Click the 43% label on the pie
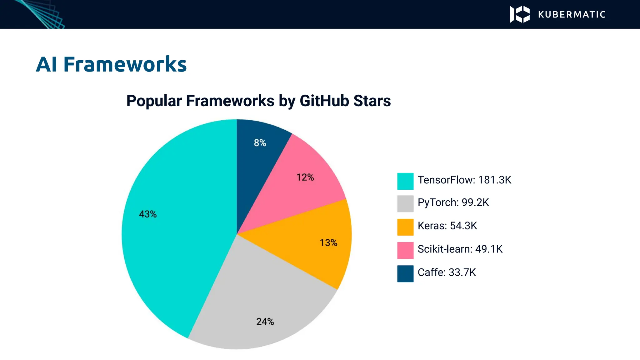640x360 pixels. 148,214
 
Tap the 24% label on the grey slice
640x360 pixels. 265,322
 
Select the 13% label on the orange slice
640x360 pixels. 328,243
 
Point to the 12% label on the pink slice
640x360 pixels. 305,177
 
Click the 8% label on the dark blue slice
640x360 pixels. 260,143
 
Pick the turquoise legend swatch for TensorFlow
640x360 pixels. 405,181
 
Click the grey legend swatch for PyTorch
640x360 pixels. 405,204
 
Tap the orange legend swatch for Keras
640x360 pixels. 405,227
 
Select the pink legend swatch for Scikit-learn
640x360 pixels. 405,250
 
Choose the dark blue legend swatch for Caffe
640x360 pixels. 405,274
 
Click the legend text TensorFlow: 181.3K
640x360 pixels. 464,180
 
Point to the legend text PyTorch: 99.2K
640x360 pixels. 453,203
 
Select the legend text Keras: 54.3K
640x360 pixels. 447,226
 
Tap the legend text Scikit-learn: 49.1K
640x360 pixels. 460,249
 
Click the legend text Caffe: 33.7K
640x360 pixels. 447,272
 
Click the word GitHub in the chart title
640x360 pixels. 324,101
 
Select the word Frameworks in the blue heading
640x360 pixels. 125,64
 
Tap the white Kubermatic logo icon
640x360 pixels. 520,14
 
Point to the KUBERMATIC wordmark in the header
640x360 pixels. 572,15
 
